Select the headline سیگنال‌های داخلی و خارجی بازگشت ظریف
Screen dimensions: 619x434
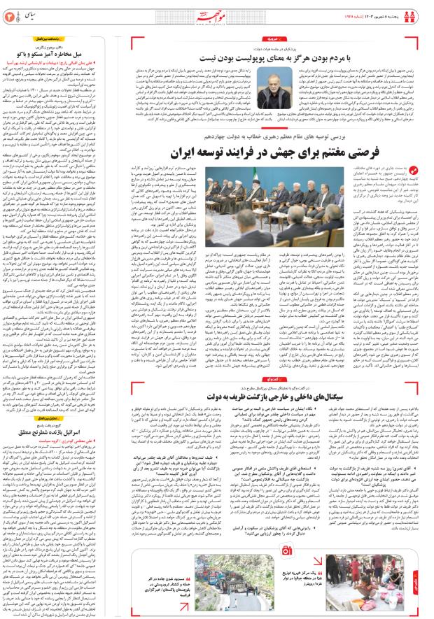(x=276, y=394)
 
